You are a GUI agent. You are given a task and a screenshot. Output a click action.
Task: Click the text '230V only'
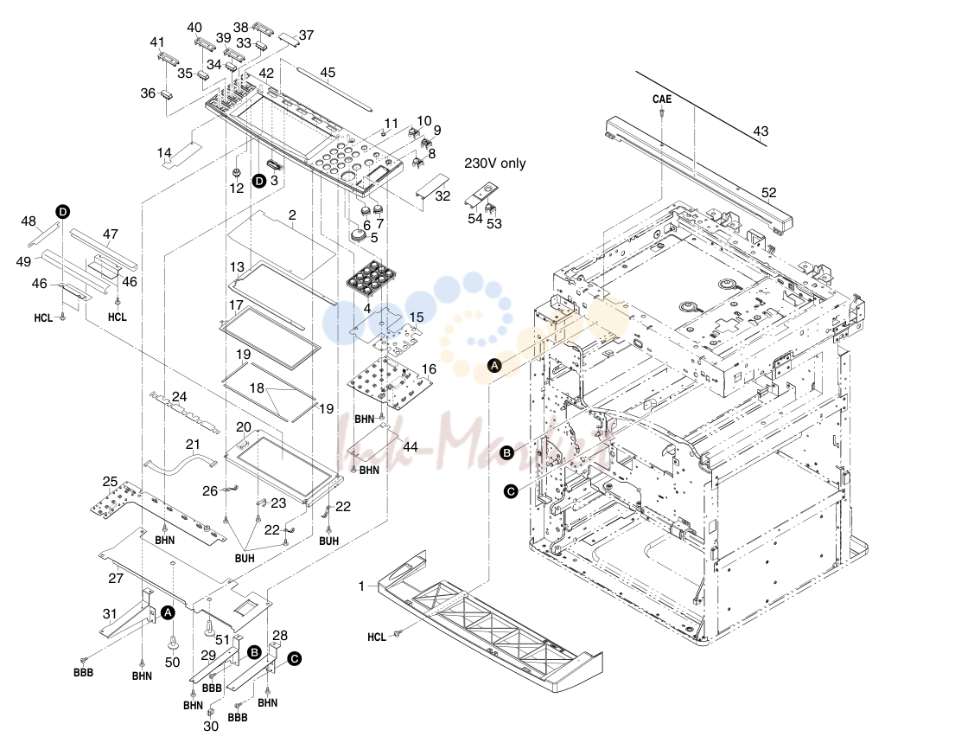pyautogui.click(x=494, y=163)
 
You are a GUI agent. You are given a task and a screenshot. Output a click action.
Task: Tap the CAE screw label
pyautogui.click(x=661, y=99)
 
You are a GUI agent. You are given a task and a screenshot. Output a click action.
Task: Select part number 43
pyautogui.click(x=761, y=131)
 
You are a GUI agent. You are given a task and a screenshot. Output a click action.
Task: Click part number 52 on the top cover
pyautogui.click(x=768, y=193)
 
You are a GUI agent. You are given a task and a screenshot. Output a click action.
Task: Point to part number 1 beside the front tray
pyautogui.click(x=362, y=586)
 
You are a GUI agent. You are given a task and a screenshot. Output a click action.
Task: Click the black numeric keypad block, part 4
pyautogui.click(x=368, y=281)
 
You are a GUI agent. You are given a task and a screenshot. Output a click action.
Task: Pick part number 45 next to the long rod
pyautogui.click(x=328, y=73)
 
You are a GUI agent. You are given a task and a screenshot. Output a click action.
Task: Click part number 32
pyautogui.click(x=442, y=195)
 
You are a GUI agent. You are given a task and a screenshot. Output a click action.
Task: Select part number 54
pyautogui.click(x=474, y=218)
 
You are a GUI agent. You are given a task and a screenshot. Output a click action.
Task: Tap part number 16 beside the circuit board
pyautogui.click(x=429, y=368)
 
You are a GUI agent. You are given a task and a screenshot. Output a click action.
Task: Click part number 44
pyautogui.click(x=411, y=447)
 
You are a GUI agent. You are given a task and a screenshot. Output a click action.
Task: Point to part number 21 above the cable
pyautogui.click(x=193, y=445)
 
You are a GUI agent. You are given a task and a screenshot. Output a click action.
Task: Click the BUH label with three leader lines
pyautogui.click(x=245, y=558)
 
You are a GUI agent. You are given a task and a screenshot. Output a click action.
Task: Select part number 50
pyautogui.click(x=172, y=662)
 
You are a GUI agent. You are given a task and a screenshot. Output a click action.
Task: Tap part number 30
pyautogui.click(x=211, y=727)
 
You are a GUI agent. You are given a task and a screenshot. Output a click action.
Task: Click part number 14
pyautogui.click(x=164, y=152)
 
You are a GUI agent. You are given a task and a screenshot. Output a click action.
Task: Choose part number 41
pyautogui.click(x=157, y=42)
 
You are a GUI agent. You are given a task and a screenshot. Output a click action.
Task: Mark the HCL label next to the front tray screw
pyautogui.click(x=377, y=637)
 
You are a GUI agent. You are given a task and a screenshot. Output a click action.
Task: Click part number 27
pyautogui.click(x=116, y=578)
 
